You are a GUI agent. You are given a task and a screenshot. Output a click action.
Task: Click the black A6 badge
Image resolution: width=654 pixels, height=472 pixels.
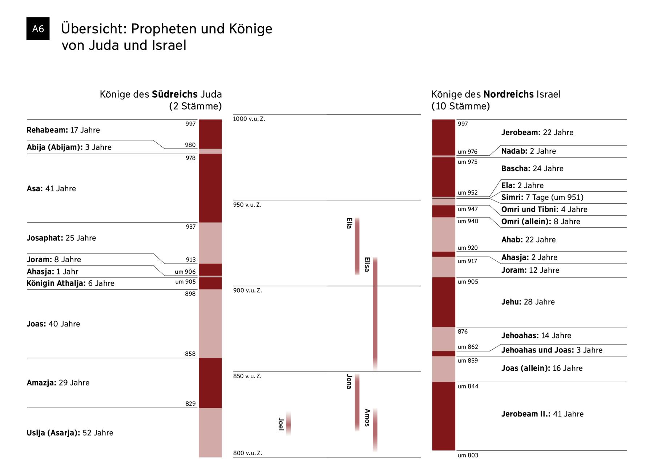pos(38,29)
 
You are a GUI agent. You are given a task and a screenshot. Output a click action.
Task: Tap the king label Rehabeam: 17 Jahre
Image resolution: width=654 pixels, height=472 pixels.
pos(63,130)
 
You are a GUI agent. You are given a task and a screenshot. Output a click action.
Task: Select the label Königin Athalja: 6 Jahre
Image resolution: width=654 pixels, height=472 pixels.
pos(70,283)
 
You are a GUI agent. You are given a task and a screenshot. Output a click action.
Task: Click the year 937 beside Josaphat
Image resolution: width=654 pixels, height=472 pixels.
pos(190,227)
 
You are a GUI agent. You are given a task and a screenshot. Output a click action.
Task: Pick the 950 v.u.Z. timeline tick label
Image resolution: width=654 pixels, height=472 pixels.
pos(247,205)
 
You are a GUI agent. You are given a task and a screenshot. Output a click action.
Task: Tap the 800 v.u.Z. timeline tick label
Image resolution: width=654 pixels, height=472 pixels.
pos(247,453)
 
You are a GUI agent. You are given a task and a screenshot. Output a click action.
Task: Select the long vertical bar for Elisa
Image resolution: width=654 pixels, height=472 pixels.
pos(375,312)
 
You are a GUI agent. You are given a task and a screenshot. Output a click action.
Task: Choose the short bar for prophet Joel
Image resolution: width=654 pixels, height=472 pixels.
pos(288,423)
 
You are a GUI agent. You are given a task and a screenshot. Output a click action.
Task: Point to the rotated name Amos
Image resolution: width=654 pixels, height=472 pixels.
pos(367,418)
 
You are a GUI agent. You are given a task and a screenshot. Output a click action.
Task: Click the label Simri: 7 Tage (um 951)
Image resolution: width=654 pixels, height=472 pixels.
pos(542,197)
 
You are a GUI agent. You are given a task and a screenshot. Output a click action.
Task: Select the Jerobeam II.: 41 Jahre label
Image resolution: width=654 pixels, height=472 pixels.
pos(542,414)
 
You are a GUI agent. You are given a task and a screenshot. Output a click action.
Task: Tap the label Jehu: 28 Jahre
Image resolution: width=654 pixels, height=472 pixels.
pos(528,302)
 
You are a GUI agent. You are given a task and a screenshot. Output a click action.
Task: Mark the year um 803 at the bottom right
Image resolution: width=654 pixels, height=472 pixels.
pos(468,455)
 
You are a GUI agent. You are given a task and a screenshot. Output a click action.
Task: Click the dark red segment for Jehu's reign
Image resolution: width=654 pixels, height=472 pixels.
pos(443,302)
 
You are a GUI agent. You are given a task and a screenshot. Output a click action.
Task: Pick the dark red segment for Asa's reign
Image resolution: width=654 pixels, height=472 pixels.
pos(210,188)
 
